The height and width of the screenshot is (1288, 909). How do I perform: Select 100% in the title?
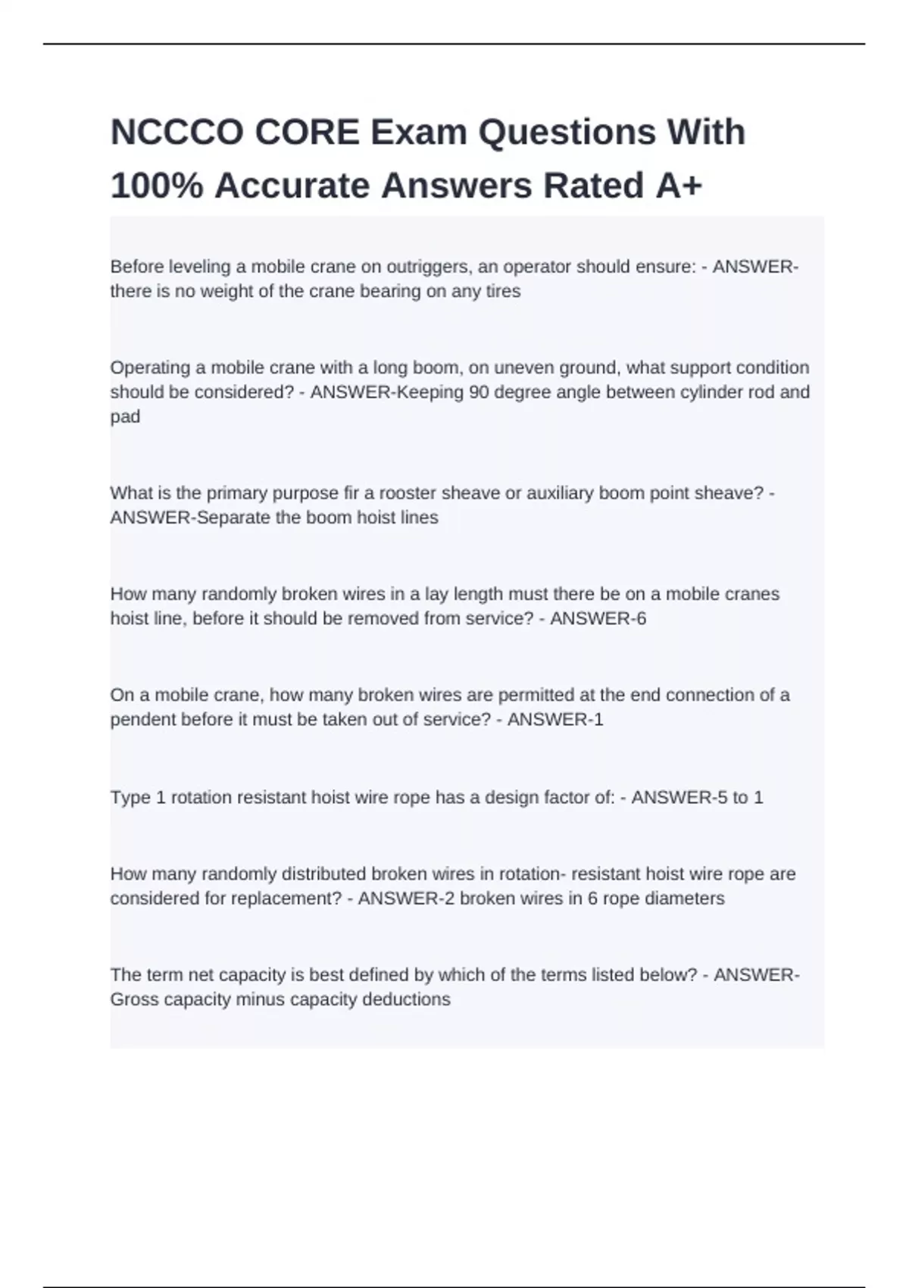(x=156, y=186)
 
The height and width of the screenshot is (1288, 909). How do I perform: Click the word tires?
(x=503, y=291)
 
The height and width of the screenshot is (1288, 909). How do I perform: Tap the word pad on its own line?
(x=125, y=417)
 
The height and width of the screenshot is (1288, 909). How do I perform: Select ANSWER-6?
(x=598, y=618)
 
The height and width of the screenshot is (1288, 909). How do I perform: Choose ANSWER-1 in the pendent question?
(x=554, y=719)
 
